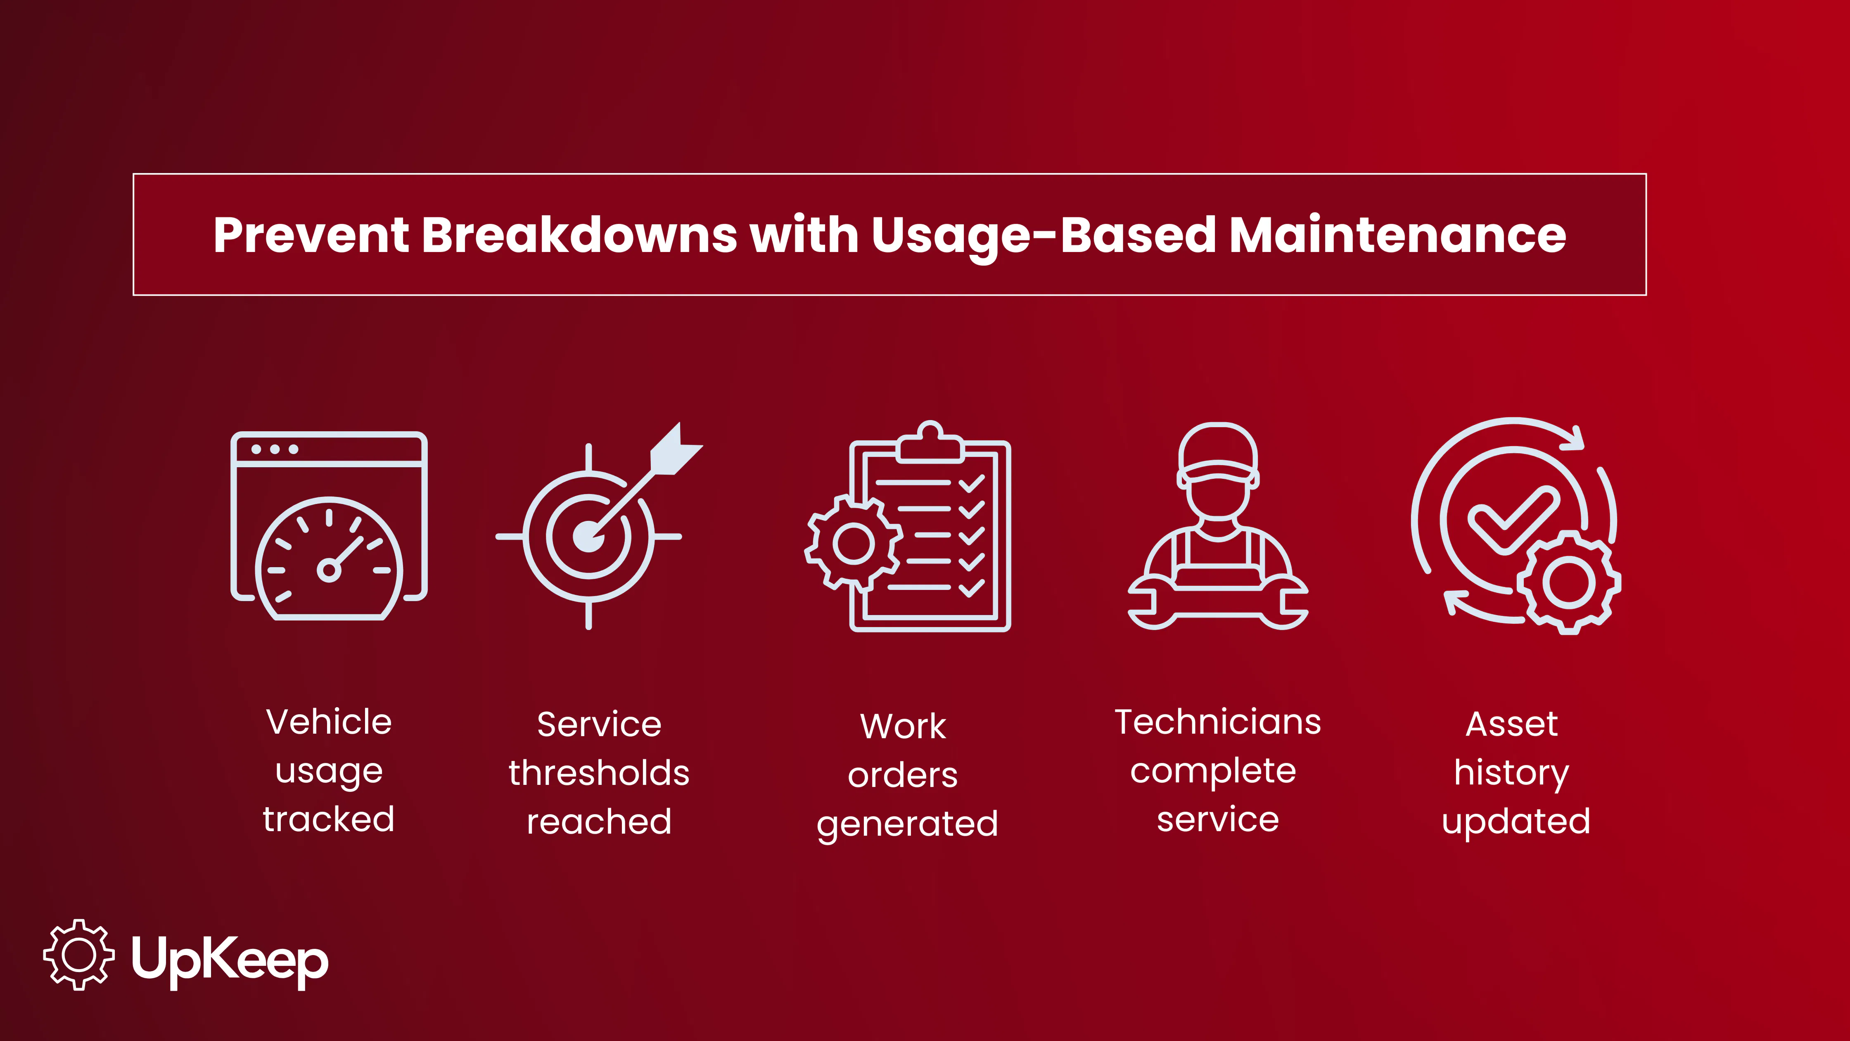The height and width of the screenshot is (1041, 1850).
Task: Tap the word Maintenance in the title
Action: coord(1397,235)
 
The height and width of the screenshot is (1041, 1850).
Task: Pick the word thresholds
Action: coord(599,773)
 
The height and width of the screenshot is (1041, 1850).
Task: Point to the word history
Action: coord(1512,773)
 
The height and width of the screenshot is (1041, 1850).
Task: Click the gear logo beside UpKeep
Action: coord(78,954)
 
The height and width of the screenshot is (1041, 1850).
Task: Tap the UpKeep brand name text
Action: coord(230,959)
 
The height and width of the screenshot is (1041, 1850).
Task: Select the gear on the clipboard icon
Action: coord(853,542)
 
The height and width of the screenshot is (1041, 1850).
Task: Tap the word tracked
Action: coord(329,819)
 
